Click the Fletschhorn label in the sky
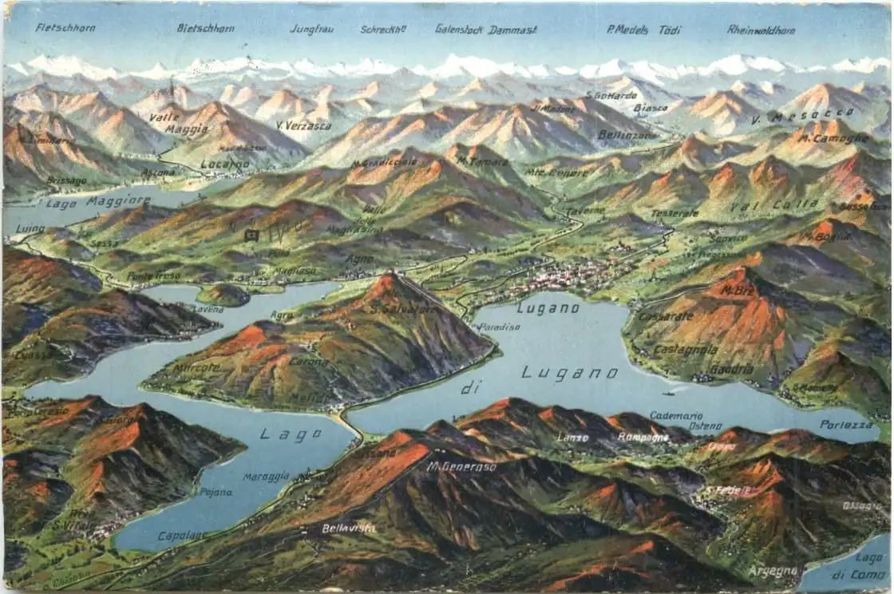pyautogui.click(x=65, y=28)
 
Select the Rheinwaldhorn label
pyautogui.click(x=761, y=30)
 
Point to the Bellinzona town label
pyautogui.click(x=627, y=135)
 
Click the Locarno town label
pyautogui.click(x=225, y=164)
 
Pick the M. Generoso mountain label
pyautogui.click(x=461, y=467)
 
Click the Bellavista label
pyautogui.click(x=348, y=528)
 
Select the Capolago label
pyautogui.click(x=182, y=536)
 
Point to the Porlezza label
pyautogui.click(x=846, y=425)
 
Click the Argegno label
pyautogui.click(x=773, y=571)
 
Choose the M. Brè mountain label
pyautogui.click(x=737, y=290)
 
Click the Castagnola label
pyautogui.click(x=685, y=350)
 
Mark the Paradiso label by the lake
pyautogui.click(x=500, y=327)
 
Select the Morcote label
pyautogui.click(x=196, y=368)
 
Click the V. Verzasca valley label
pyautogui.click(x=303, y=125)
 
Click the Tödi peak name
pyautogui.click(x=670, y=30)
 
